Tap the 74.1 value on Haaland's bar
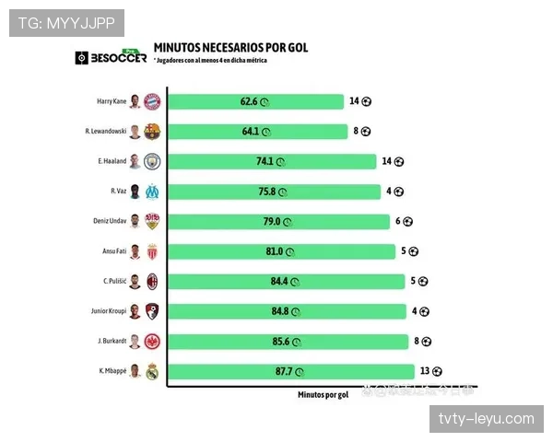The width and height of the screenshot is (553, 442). click(x=265, y=161)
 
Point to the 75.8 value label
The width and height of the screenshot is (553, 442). click(x=266, y=192)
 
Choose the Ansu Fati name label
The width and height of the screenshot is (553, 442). click(x=112, y=251)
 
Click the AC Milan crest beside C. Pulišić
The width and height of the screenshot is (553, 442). click(x=152, y=281)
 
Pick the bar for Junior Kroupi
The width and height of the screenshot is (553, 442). click(x=286, y=311)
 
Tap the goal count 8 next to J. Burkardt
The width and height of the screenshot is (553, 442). click(x=417, y=341)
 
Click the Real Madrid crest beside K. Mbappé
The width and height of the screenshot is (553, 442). click(x=152, y=371)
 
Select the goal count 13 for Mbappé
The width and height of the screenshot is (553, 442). click(x=425, y=371)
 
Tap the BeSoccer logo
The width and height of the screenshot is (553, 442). click(x=111, y=58)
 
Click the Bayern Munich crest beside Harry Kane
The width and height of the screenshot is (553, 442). click(x=152, y=101)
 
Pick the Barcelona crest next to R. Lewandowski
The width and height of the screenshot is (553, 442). click(x=152, y=132)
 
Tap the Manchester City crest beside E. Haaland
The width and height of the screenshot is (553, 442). click(x=152, y=161)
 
